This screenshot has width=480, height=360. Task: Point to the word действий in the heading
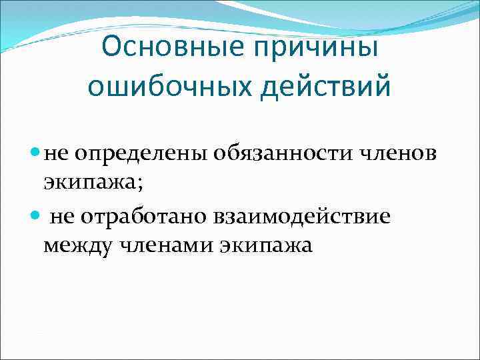(x=327, y=87)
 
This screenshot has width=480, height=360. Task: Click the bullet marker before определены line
(x=35, y=152)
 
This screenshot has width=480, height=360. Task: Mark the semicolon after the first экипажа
(x=123, y=182)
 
